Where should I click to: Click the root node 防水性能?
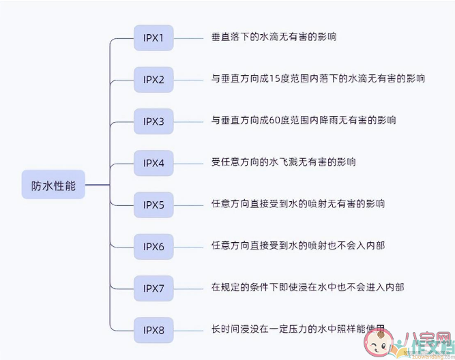[53, 185]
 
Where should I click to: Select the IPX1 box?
[153, 37]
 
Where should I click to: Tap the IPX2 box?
[153, 79]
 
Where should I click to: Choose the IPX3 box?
[153, 121]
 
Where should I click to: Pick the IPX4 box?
[153, 163]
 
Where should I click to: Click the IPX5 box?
[153, 204]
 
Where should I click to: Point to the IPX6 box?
[153, 246]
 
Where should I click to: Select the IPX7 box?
[153, 288]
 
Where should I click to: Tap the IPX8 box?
[153, 330]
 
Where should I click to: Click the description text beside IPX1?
[274, 37]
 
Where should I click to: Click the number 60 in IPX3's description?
[276, 121]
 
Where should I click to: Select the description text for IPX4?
[283, 162]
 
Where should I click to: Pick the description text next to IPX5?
[298, 204]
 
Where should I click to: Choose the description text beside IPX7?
[308, 287]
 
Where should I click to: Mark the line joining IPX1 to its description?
[188, 37]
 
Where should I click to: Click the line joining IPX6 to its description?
[188, 246]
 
